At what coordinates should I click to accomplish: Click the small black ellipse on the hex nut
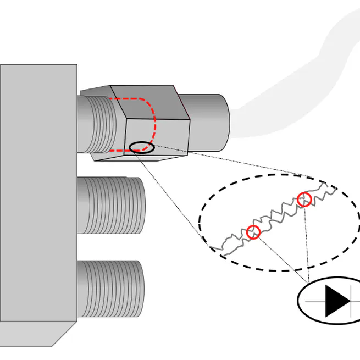point(142,147)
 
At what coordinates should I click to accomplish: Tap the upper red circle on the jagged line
point(304,200)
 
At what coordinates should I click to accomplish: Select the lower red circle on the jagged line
point(253,232)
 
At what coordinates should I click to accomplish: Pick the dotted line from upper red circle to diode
point(306,242)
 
